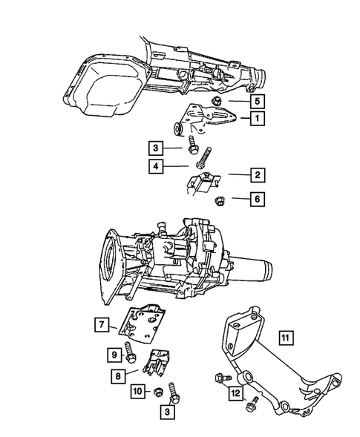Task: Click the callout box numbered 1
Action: click(255, 118)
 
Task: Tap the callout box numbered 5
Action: click(255, 99)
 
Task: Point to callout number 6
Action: click(255, 199)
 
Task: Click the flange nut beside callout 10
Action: click(158, 391)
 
